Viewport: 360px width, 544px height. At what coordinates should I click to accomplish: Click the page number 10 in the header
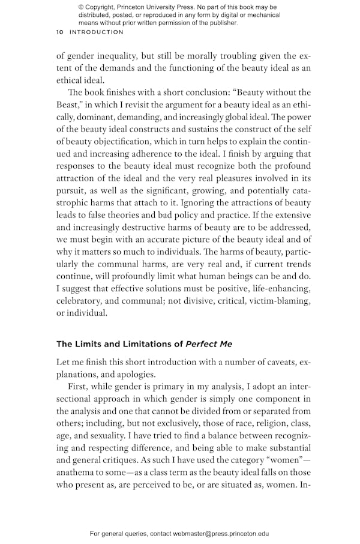click(61, 32)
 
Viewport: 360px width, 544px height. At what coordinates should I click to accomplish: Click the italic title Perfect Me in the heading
click(209, 344)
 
